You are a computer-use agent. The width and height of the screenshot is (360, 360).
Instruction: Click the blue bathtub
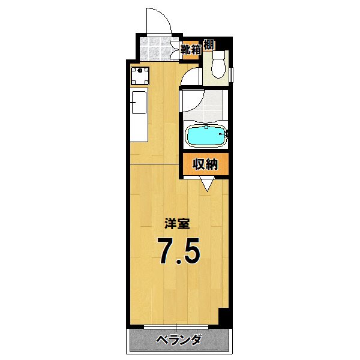(x=206, y=136)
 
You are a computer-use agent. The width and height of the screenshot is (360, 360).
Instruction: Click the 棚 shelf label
(x=208, y=44)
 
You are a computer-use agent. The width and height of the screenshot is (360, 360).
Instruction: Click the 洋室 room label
(x=178, y=224)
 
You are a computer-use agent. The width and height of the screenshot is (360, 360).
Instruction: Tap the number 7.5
(x=179, y=252)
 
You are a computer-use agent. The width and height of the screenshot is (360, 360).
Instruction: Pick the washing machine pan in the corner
(x=141, y=76)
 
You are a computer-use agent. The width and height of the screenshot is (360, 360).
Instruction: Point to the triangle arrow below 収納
(x=208, y=185)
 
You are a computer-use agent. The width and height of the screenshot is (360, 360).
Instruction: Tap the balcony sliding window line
(x=176, y=327)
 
